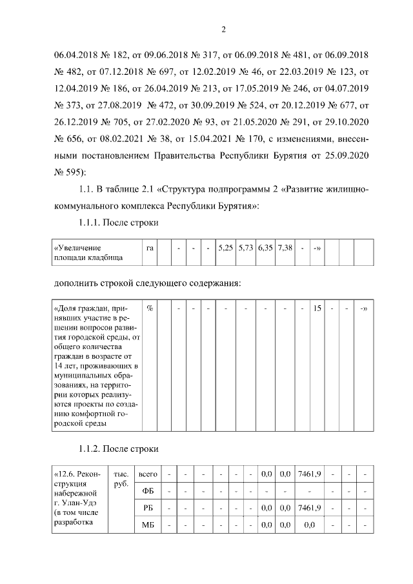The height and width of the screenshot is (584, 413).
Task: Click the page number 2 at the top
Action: pos(223,29)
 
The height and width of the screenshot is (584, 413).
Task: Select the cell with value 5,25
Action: pos(225,248)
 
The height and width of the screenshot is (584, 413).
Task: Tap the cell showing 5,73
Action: pos(245,248)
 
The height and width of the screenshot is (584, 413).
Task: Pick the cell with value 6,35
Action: pos(265,248)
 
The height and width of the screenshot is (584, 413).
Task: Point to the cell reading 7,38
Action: pos(285,248)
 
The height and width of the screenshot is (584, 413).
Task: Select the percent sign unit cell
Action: pos(149,308)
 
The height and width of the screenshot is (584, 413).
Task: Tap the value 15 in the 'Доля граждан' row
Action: pos(317,308)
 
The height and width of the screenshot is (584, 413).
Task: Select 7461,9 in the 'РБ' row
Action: pos(310,508)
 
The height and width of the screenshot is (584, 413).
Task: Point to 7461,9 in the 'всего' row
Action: pos(310,474)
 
